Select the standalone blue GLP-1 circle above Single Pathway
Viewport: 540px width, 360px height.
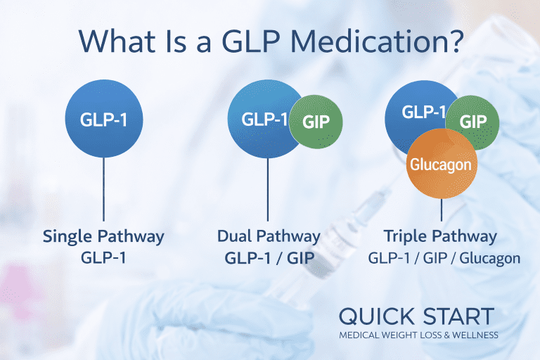[x=104, y=119]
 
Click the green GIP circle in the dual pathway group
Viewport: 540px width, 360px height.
[x=316, y=121]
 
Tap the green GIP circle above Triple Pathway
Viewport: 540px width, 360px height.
[x=473, y=121]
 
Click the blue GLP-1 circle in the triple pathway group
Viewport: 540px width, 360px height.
[x=422, y=112]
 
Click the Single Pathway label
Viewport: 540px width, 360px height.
[x=103, y=236]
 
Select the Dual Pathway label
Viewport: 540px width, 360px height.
[x=269, y=236]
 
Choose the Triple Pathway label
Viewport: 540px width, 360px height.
[x=440, y=236]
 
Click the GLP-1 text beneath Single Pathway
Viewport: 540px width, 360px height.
[x=104, y=257]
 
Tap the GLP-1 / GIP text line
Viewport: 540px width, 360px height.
[x=269, y=257]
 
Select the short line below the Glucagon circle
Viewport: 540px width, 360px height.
[x=442, y=208]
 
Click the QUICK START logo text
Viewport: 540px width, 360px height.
[x=416, y=316]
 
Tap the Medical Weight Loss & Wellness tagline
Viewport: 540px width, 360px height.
[x=418, y=335]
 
